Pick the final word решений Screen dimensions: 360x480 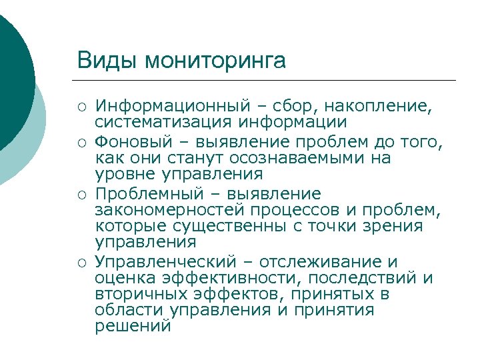[x=133, y=327]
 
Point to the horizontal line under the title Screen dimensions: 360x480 [x=267, y=81]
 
